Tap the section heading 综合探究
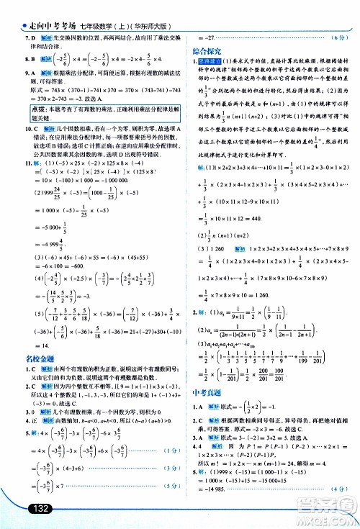point(207,53)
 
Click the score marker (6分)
point(335,37)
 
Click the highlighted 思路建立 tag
point(212,64)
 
